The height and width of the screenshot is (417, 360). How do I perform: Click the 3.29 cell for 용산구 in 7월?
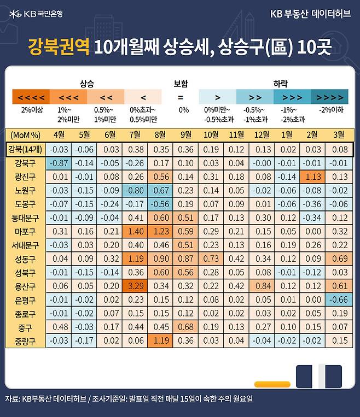(135, 286)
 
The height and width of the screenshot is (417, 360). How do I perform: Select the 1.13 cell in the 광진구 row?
(313, 177)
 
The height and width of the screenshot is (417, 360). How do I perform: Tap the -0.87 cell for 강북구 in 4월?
(59, 163)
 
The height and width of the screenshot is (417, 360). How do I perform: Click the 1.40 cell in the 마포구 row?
(135, 231)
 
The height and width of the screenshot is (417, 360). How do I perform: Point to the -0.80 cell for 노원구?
(135, 190)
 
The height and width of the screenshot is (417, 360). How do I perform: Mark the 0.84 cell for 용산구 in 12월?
(263, 286)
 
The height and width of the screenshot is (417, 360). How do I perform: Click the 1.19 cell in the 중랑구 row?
(161, 340)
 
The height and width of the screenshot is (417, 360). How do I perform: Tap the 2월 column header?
(313, 134)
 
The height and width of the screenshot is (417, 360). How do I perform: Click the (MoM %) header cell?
(26, 134)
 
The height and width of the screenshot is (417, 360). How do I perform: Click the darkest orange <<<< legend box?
(31, 97)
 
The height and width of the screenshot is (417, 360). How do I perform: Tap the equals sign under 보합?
(180, 97)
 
